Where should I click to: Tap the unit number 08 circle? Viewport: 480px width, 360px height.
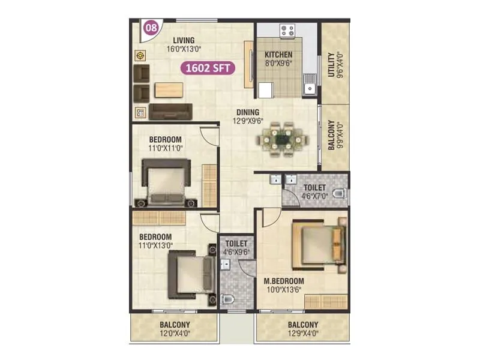coord(152,27)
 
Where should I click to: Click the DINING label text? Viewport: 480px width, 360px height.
coord(247,112)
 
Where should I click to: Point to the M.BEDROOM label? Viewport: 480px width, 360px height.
coord(284,281)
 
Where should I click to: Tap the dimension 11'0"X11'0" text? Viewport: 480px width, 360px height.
coord(165,148)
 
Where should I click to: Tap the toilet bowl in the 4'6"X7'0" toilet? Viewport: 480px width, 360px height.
coord(340,194)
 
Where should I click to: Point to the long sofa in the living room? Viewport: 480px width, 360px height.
coord(170,111)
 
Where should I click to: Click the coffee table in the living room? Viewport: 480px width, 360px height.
coord(169,89)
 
